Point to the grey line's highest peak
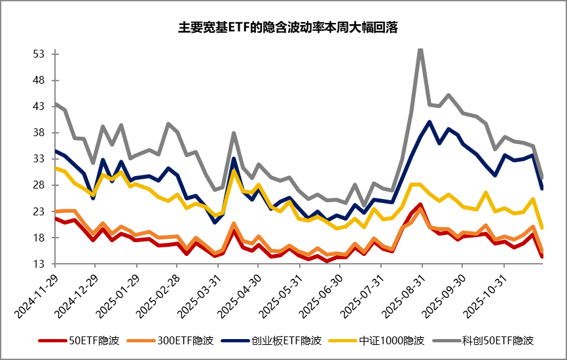pos(420,48)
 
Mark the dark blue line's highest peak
pos(429,122)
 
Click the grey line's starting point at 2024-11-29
pos(54,103)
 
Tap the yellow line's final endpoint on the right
pos(542,228)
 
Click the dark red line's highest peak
pos(420,204)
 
